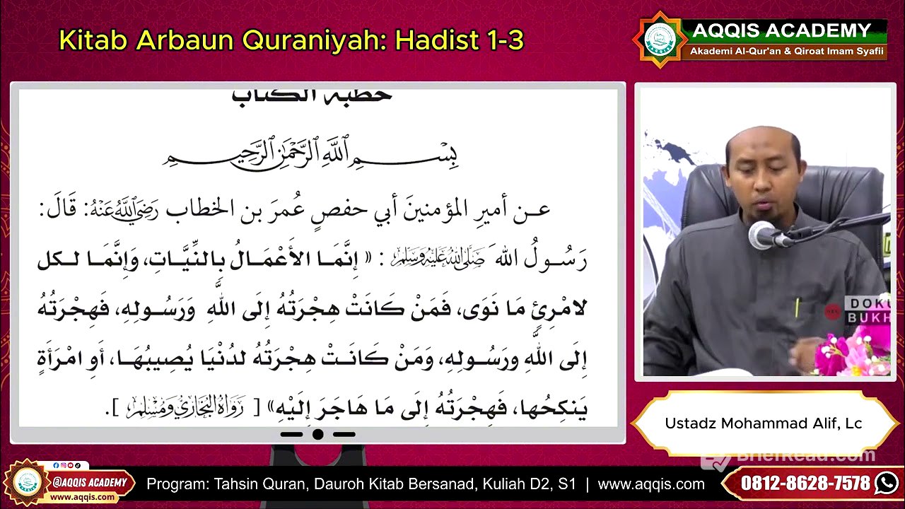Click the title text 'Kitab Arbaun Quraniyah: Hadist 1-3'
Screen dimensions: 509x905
(291, 41)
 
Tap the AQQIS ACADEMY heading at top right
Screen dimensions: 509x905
(781, 30)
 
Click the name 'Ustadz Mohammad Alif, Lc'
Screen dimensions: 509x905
(763, 423)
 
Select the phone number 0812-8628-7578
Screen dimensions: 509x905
(805, 484)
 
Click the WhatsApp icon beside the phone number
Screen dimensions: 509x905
(886, 484)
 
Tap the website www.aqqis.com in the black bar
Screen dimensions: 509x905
(650, 484)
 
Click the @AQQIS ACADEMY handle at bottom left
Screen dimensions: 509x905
(90, 483)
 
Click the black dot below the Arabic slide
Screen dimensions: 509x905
(317, 434)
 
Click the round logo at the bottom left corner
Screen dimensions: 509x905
(27, 483)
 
